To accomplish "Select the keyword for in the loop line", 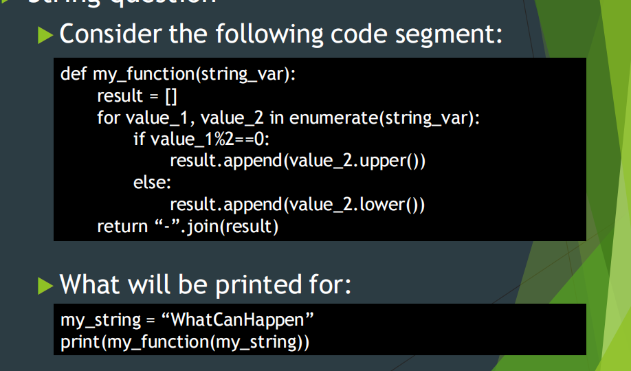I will click(x=109, y=117).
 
